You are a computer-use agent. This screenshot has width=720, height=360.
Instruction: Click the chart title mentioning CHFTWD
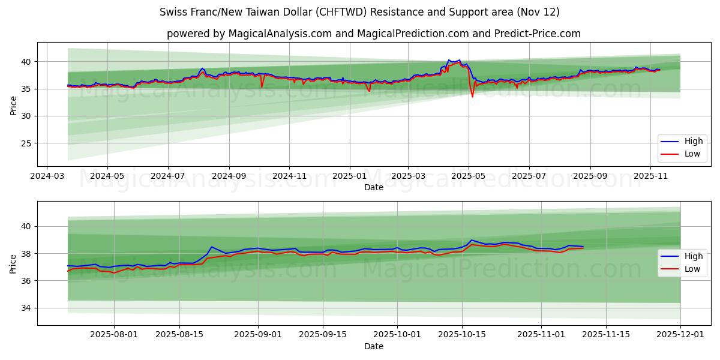(359, 12)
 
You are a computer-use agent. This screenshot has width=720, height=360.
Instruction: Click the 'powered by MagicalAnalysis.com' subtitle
(373, 34)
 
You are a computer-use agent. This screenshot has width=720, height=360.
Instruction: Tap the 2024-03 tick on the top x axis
(47, 176)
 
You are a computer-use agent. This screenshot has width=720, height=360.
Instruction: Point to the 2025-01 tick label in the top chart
(349, 176)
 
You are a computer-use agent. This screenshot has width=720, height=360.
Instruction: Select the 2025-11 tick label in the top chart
(650, 176)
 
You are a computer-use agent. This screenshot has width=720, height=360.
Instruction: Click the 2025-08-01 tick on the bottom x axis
(114, 335)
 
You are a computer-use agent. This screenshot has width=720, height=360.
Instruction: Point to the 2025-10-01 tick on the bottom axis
(397, 335)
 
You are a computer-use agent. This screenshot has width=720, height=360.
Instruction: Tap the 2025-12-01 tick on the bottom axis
(680, 335)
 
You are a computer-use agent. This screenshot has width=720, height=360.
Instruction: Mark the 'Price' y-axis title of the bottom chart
(13, 263)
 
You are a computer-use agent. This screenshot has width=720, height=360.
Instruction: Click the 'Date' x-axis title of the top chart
(373, 187)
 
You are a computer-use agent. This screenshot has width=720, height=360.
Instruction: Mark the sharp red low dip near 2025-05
(472, 96)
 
